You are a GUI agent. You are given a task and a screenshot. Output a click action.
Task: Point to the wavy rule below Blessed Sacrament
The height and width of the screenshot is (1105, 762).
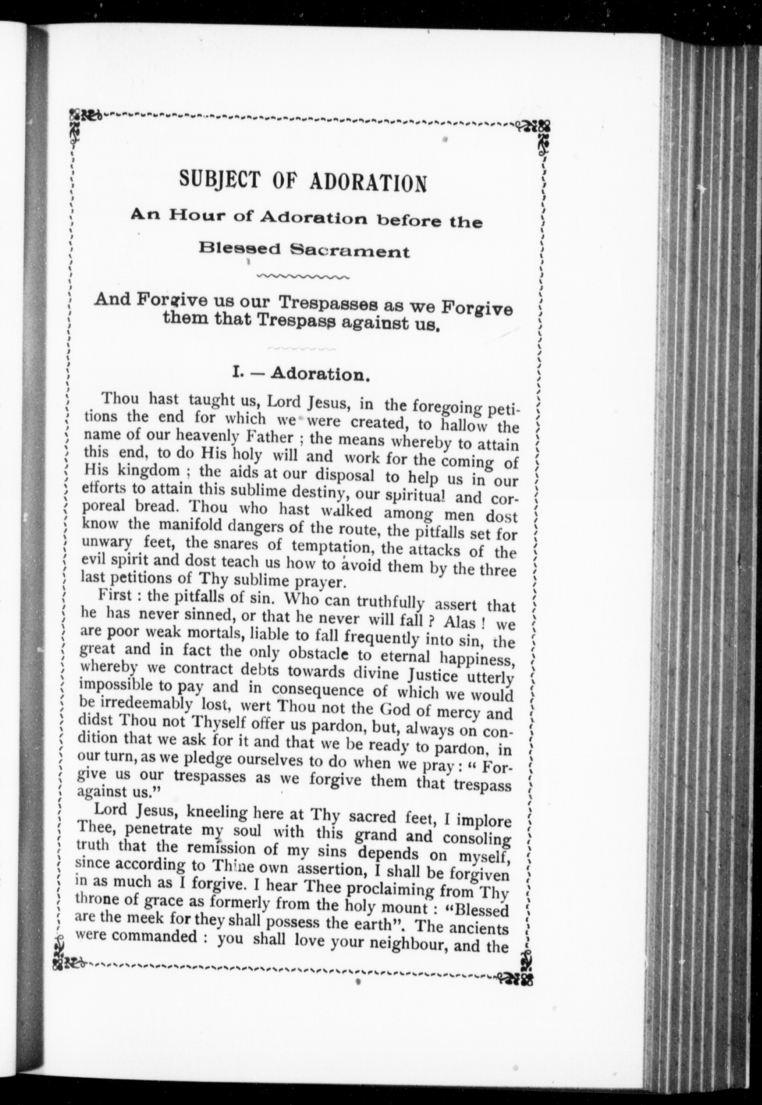(x=303, y=277)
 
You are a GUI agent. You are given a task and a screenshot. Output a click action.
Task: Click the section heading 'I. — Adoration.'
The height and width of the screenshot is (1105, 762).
(x=302, y=373)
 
